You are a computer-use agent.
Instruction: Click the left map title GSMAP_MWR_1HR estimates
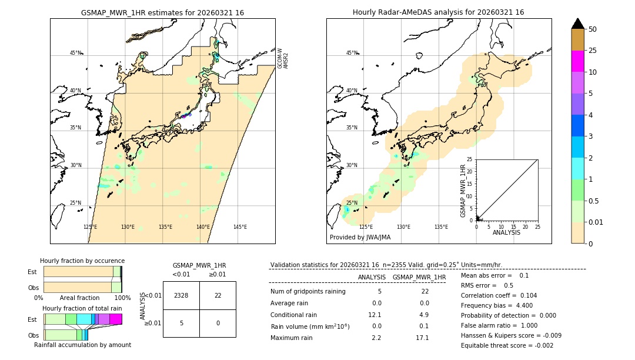tap(162, 12)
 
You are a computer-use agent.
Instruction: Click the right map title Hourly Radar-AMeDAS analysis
tap(438, 12)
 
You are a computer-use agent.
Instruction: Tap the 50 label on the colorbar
tap(593, 29)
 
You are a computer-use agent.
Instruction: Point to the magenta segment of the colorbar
tap(577, 61)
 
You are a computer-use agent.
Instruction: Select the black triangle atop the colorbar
tap(577, 24)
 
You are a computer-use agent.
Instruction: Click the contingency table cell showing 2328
tap(181, 295)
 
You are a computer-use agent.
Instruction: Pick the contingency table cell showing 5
tap(181, 323)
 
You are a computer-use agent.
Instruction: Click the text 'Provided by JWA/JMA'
tap(360, 238)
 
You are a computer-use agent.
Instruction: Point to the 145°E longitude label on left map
tap(240, 227)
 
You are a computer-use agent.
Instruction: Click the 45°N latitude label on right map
tap(352, 53)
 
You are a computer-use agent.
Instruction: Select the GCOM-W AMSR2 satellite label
tap(283, 59)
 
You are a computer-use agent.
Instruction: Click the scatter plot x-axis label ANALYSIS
tap(506, 233)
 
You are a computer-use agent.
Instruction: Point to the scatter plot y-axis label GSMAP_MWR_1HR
tap(463, 191)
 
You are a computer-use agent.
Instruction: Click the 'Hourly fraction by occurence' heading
tap(82, 261)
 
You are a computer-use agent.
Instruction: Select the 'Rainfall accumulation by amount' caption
tap(82, 344)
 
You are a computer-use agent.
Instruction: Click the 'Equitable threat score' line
tap(507, 346)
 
